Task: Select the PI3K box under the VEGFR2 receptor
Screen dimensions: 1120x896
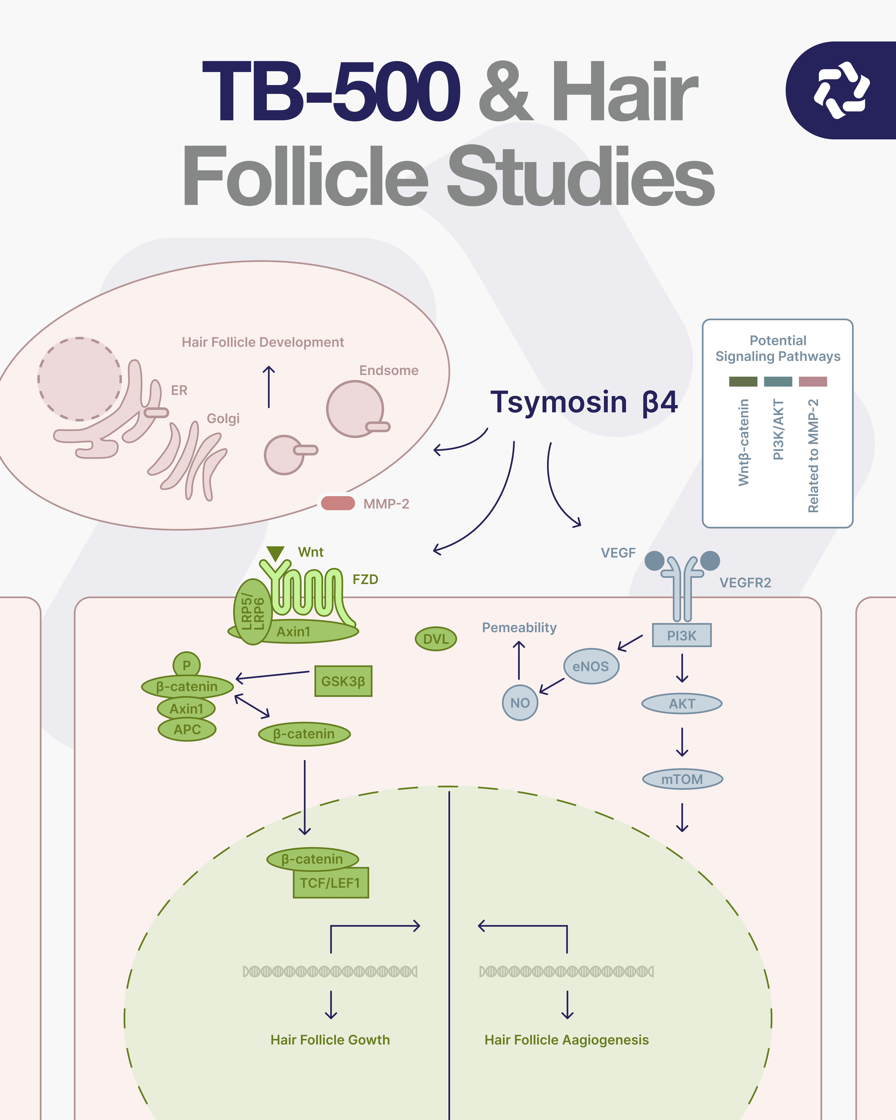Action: coord(682,635)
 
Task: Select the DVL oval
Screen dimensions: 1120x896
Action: coord(436,639)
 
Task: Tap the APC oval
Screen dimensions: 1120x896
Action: coord(187,729)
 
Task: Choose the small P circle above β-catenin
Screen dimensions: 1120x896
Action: coord(186,665)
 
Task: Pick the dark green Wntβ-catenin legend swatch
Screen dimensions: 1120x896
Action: coord(743,382)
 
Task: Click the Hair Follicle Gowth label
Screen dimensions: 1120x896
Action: coord(330,1040)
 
